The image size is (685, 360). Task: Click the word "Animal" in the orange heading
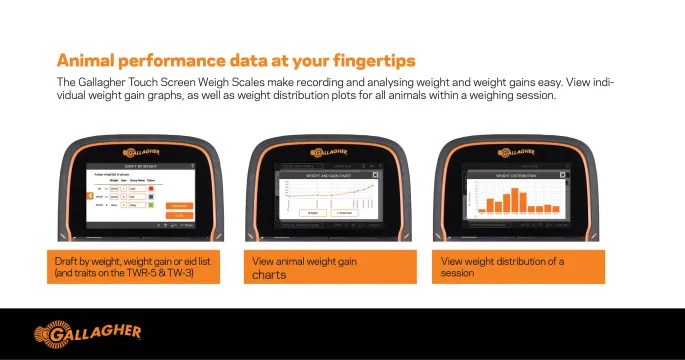(x=85, y=59)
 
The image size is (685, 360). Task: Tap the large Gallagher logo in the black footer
(x=88, y=332)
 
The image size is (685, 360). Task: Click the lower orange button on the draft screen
(x=181, y=214)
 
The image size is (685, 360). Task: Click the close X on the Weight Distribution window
(x=561, y=174)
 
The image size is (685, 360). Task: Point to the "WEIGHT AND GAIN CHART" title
(x=329, y=174)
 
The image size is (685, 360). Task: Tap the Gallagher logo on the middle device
(x=330, y=153)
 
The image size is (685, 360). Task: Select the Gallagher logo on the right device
(x=519, y=153)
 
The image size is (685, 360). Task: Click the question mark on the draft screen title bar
(x=191, y=165)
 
